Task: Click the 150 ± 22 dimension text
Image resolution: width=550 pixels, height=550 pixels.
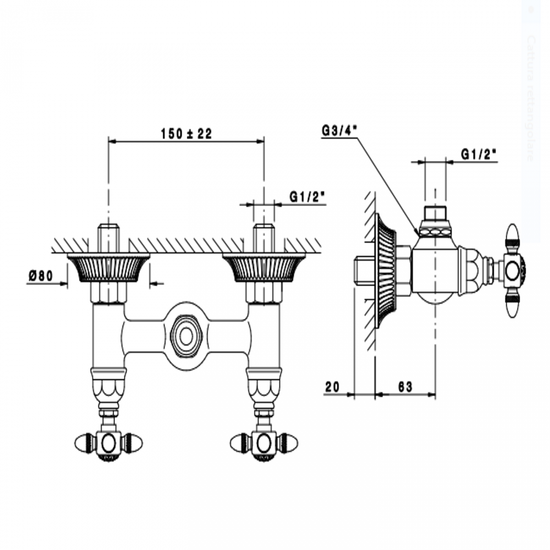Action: [x=186, y=134]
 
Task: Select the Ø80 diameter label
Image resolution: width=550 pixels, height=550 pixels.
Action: [x=41, y=276]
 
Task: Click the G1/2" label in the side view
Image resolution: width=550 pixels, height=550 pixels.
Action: [x=478, y=155]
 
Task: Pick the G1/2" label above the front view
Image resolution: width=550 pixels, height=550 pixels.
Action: [x=307, y=197]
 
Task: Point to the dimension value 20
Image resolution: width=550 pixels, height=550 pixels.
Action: [x=333, y=387]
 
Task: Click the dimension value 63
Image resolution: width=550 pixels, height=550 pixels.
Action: [x=405, y=387]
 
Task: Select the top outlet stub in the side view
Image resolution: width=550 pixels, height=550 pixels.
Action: [x=435, y=214]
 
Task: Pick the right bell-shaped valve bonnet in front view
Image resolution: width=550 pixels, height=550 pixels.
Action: [x=264, y=385]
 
